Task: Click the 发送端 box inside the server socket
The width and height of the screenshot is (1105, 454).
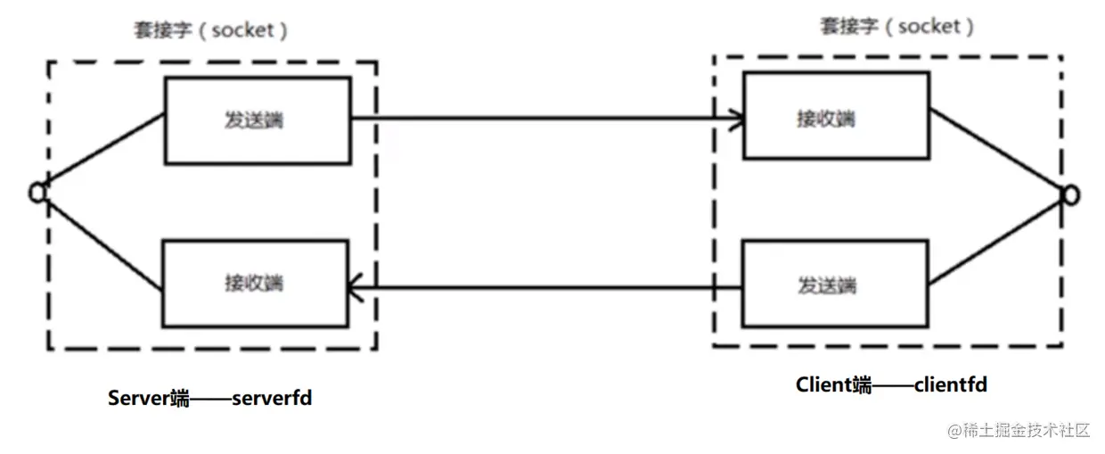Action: pos(257,120)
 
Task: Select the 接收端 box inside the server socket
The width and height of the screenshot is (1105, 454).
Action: pos(255,284)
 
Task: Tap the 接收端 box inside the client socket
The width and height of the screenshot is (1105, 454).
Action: pos(836,116)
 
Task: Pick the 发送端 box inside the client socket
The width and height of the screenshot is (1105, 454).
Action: pos(836,285)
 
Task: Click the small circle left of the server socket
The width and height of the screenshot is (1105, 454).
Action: pos(37,191)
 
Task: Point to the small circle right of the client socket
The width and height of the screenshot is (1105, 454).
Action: pos(1070,194)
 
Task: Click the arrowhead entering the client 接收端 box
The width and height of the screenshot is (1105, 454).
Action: pos(738,118)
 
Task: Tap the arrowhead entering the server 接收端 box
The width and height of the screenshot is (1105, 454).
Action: pos(354,287)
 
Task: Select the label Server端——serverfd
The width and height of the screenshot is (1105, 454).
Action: pos(209,398)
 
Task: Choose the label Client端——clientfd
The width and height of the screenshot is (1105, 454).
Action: pos(891,384)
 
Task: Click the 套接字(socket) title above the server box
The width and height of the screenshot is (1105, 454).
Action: pos(209,30)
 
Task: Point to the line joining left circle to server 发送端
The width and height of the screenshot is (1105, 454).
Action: pos(102,150)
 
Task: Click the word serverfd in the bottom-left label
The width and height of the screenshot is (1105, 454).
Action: pos(272,398)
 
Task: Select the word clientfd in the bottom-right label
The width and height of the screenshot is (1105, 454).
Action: pos(951,384)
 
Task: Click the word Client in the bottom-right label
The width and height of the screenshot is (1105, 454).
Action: pos(823,384)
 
